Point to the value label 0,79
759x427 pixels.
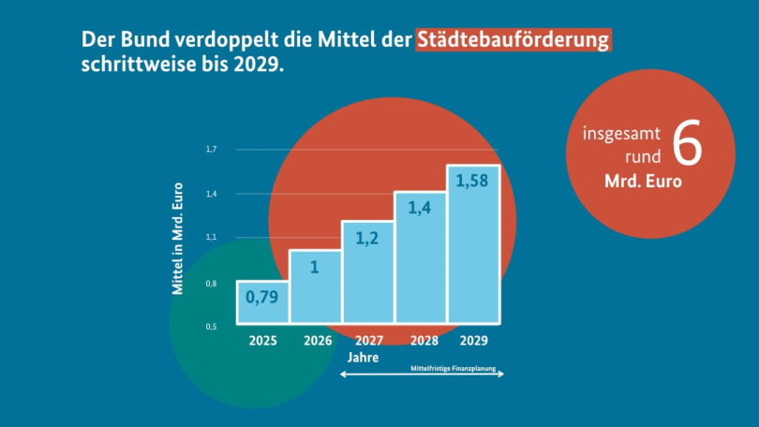[x=262, y=298]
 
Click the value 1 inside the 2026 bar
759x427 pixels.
[x=315, y=267]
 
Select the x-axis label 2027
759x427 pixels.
[x=368, y=341]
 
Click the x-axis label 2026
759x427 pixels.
[x=317, y=341]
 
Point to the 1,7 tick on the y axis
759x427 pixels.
[x=211, y=150]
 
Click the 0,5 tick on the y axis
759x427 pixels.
[x=211, y=327]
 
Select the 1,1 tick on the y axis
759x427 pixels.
[x=211, y=238]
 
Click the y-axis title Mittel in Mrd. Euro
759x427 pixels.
[x=177, y=239]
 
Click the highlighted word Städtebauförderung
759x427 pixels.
[x=513, y=40]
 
